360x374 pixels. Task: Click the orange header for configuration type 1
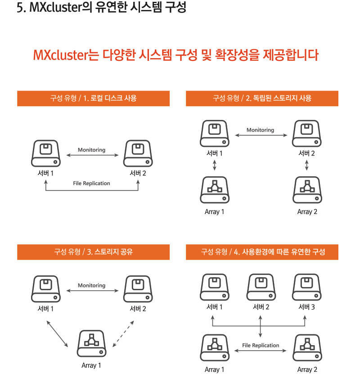(94, 98)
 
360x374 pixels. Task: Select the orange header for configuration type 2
(262, 98)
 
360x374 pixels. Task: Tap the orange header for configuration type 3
(94, 252)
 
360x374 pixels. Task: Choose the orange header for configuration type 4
(262, 252)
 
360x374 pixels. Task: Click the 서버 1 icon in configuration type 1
(46, 153)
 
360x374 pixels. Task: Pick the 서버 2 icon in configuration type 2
(306, 133)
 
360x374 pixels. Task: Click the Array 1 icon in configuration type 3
(91, 343)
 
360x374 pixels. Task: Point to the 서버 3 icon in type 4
(306, 287)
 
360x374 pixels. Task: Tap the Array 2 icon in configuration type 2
(307, 190)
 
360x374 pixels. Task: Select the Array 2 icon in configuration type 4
(307, 347)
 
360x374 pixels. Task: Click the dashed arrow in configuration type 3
(123, 334)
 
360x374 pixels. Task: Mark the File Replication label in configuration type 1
(91, 183)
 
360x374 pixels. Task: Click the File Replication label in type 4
(261, 345)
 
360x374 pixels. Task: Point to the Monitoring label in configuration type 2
(260, 130)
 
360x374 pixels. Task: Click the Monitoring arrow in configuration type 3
(92, 291)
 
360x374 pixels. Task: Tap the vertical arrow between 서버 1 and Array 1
(215, 165)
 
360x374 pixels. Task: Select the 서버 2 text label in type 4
(261, 307)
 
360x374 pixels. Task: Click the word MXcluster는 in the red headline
(66, 55)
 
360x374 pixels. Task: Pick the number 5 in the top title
(20, 8)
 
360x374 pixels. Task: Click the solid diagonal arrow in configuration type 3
(57, 334)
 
